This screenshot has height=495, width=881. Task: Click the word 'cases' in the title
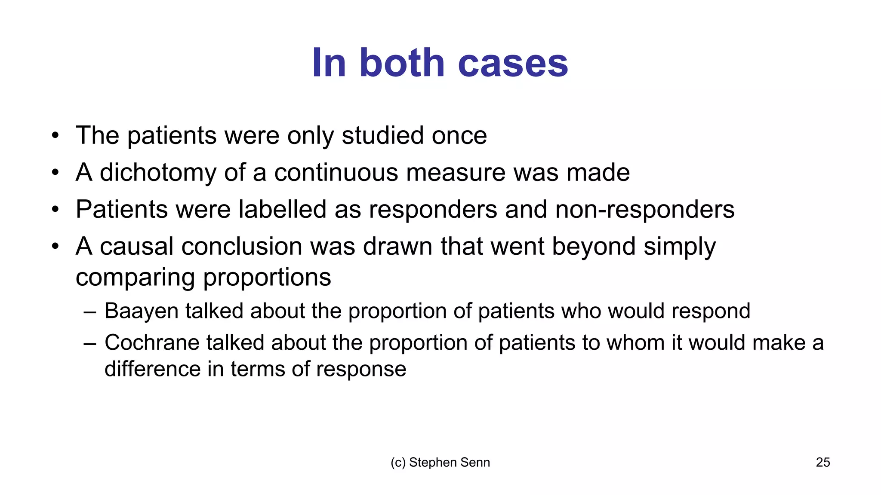pos(513,63)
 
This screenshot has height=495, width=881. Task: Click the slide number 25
pos(822,462)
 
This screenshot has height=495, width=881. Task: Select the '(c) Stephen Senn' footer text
pos(440,462)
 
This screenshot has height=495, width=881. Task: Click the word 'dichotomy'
pos(158,173)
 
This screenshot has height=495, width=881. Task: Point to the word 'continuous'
pos(336,173)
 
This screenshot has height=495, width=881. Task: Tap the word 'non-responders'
pos(644,210)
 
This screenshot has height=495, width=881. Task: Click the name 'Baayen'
pos(141,311)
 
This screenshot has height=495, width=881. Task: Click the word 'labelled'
pos(282,210)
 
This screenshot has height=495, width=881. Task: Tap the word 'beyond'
pos(594,247)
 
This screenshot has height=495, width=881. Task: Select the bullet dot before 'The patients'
pos(55,136)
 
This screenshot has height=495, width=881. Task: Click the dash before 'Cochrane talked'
pos(90,343)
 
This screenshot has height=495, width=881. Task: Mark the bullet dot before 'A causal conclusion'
pos(55,247)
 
